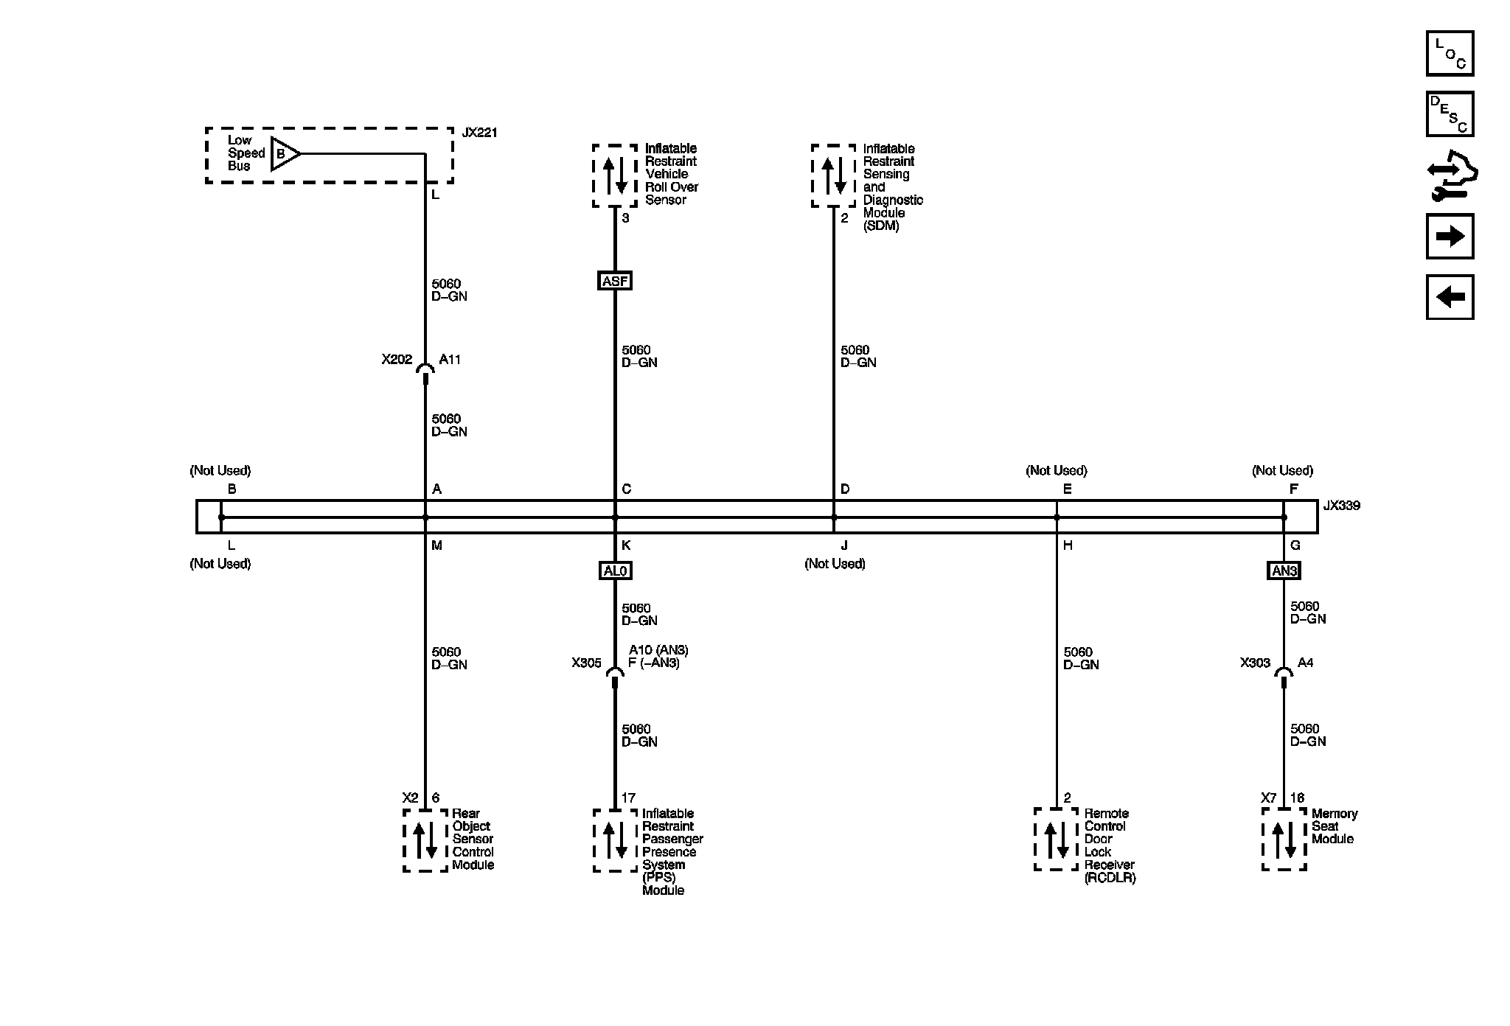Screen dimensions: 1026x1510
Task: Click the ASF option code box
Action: pos(615,281)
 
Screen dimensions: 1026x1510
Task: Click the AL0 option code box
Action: pos(615,570)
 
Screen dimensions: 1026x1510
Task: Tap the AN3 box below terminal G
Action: pos(1284,570)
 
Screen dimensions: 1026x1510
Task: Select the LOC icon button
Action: pos(1450,53)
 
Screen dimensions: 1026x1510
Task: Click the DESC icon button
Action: pos(1450,114)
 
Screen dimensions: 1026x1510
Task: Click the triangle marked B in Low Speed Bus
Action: pos(284,154)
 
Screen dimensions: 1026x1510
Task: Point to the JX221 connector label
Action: pos(479,133)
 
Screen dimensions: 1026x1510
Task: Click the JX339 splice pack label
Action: pos(1341,506)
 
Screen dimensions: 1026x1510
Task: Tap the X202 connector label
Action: pos(397,360)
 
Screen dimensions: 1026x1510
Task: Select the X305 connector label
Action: pos(586,663)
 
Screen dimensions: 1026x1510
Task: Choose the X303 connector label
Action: pos(1255,663)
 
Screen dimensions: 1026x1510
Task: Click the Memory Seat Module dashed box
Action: pos(1284,839)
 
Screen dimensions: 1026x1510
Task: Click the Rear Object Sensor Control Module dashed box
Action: pos(425,840)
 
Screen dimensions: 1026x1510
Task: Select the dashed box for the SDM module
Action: pos(834,175)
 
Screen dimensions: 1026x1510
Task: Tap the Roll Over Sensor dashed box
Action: pos(615,175)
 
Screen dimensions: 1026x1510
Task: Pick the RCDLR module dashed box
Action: pos(1056,839)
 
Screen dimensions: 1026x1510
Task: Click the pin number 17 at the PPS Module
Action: pos(628,798)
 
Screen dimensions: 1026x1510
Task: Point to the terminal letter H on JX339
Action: pos(1068,545)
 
